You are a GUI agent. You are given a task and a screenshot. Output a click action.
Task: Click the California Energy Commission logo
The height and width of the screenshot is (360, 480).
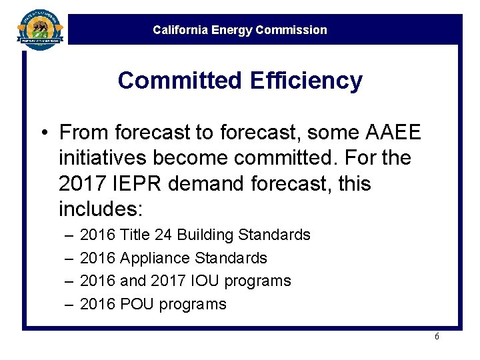tap(41, 29)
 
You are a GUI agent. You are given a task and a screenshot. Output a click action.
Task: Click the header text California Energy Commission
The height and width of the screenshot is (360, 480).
tap(240, 30)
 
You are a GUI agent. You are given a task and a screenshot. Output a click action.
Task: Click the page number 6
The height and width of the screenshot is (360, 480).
tap(437, 337)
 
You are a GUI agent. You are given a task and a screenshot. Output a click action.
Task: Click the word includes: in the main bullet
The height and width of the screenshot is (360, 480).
tap(101, 209)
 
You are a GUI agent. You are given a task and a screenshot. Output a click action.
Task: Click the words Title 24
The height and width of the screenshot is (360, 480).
tap(140, 235)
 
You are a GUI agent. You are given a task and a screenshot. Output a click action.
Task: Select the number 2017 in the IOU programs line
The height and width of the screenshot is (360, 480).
tap(167, 281)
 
